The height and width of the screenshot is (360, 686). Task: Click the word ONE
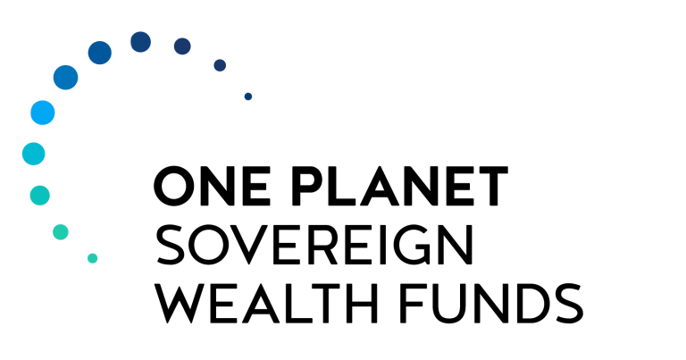coord(213,186)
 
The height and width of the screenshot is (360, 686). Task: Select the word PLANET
coord(400,186)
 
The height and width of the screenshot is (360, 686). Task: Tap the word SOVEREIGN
coord(314,245)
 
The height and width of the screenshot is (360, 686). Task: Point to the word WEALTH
coord(266,303)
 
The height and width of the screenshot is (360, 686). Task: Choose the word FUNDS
coord(491,303)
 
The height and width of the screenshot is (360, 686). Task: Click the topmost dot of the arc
coord(141,42)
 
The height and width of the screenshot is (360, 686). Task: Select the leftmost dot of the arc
coord(34,154)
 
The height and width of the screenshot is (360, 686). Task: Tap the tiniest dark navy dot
coord(248,96)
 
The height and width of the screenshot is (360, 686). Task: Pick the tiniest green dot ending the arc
coord(92,258)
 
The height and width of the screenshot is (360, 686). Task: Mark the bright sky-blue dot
coord(43,113)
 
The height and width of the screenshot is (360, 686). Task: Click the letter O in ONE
coord(174,186)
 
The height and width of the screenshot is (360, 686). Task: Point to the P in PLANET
coord(308,186)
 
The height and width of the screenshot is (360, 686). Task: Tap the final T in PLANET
coord(493,186)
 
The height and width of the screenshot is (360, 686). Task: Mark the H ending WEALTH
coord(363,303)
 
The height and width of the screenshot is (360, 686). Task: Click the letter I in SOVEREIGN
coord(382,245)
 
